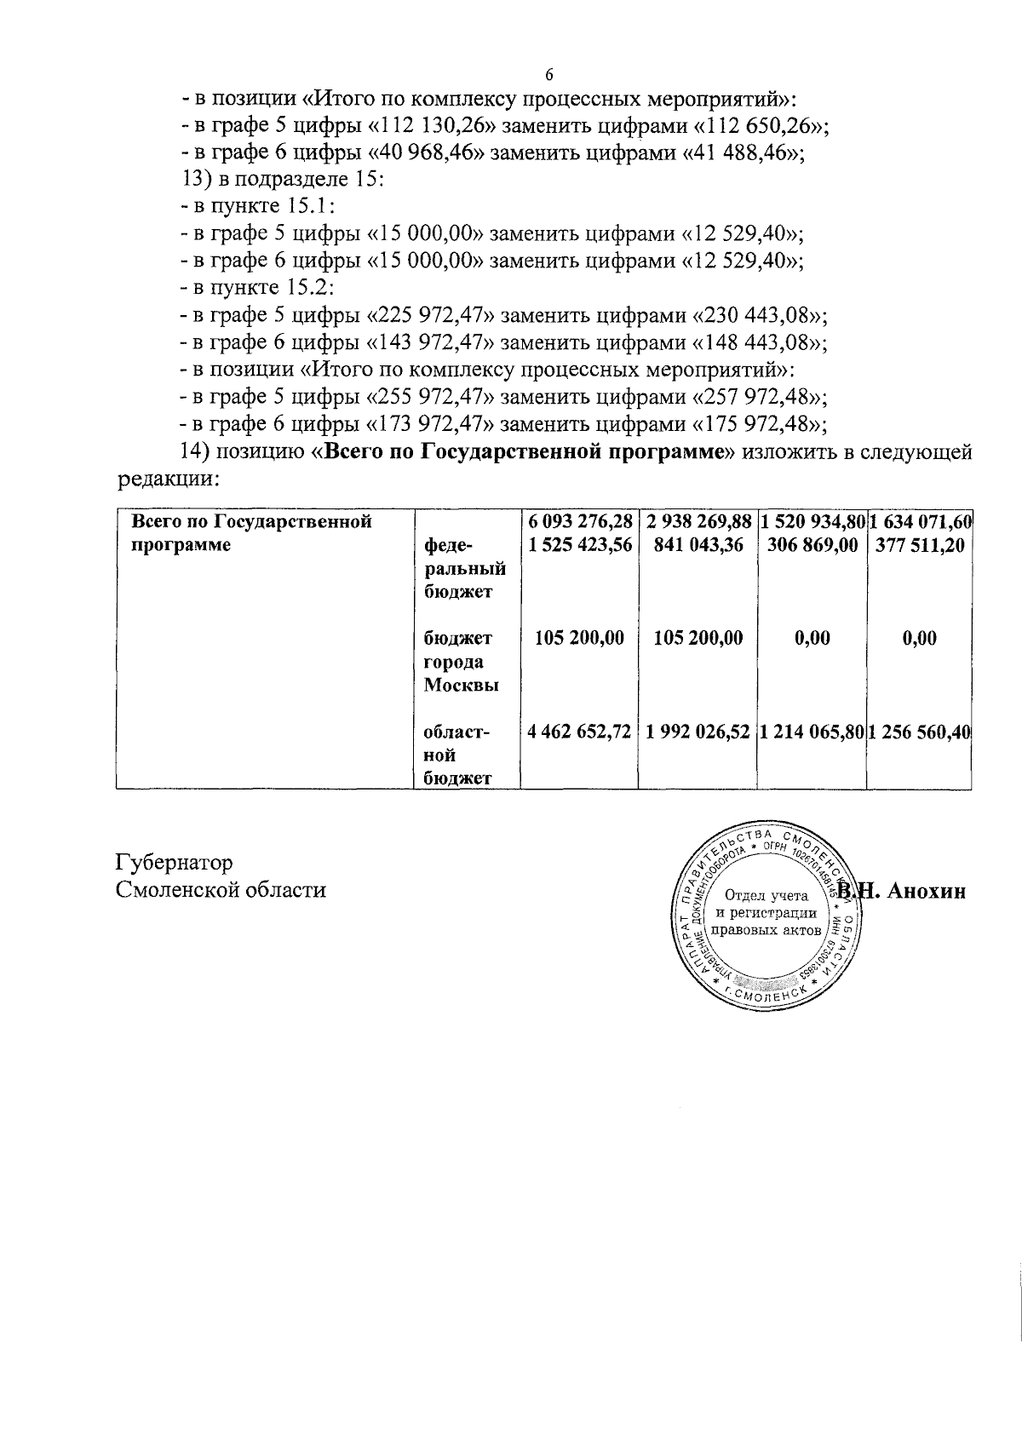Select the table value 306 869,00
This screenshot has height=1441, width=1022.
point(812,545)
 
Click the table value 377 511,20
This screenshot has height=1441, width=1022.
point(920,545)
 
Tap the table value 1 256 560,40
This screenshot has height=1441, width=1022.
point(921,731)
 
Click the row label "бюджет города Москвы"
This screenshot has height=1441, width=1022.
point(461,662)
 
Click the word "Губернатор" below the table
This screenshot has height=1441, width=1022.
point(175,863)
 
